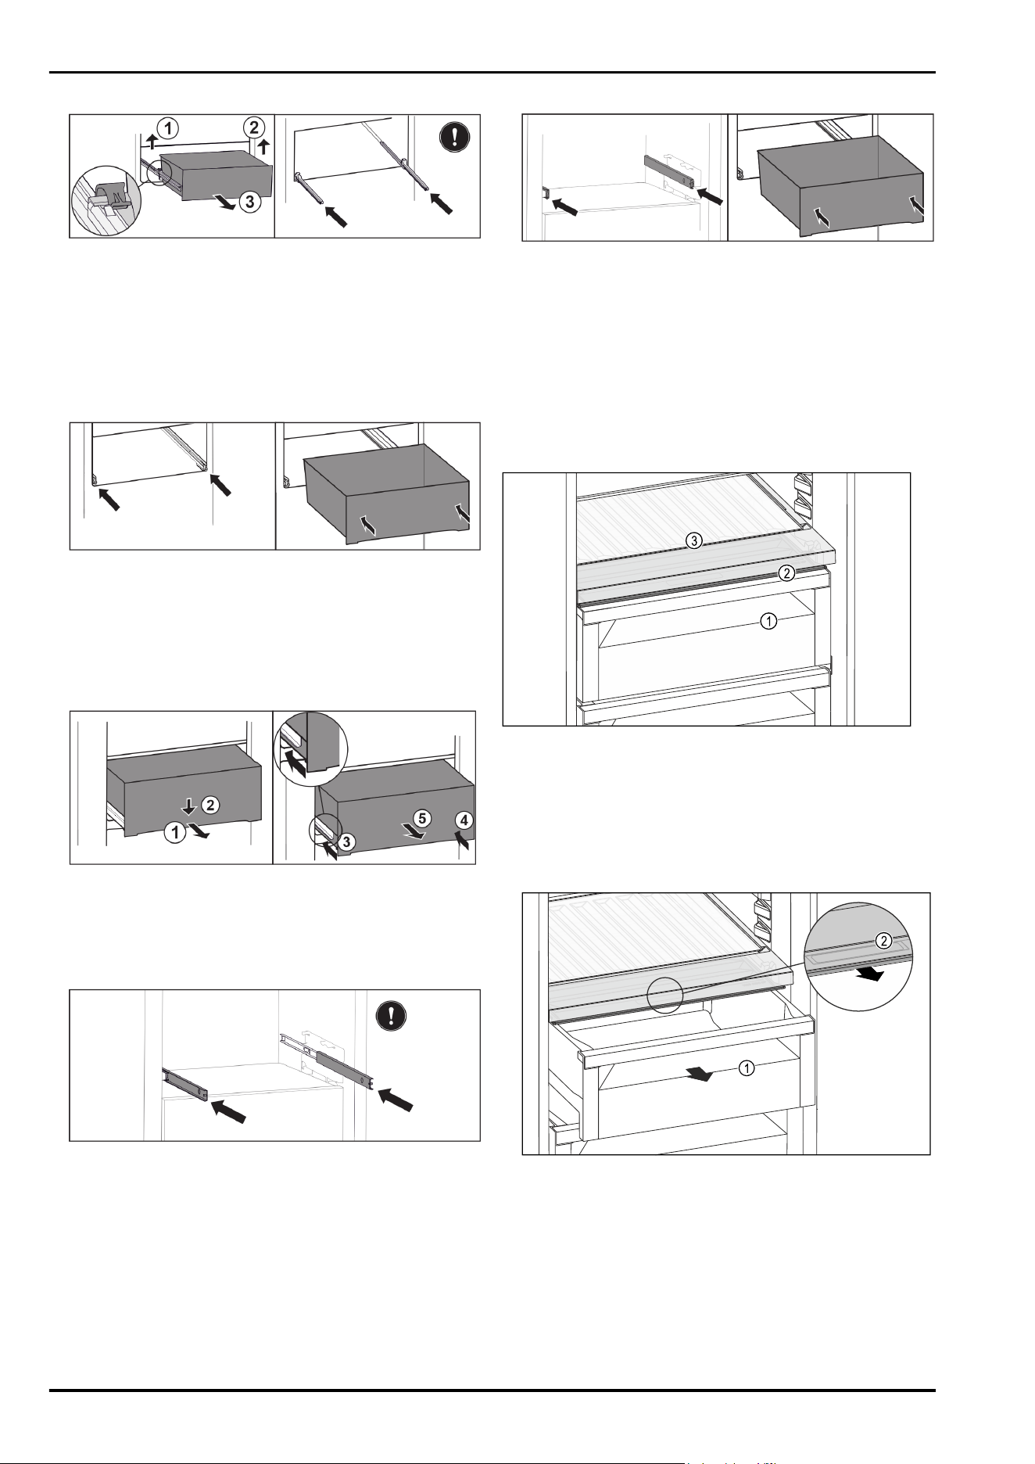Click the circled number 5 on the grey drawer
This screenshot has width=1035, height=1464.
pos(421,819)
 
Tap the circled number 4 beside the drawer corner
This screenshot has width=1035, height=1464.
pos(464,820)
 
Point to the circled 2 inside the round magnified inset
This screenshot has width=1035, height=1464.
pos(883,941)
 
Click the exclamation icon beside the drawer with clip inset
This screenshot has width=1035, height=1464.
pos(451,138)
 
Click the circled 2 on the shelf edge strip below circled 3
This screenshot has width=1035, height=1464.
pos(787,574)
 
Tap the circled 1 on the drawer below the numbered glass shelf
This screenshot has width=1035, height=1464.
pos(769,623)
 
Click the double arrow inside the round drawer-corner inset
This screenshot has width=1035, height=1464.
pos(293,761)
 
